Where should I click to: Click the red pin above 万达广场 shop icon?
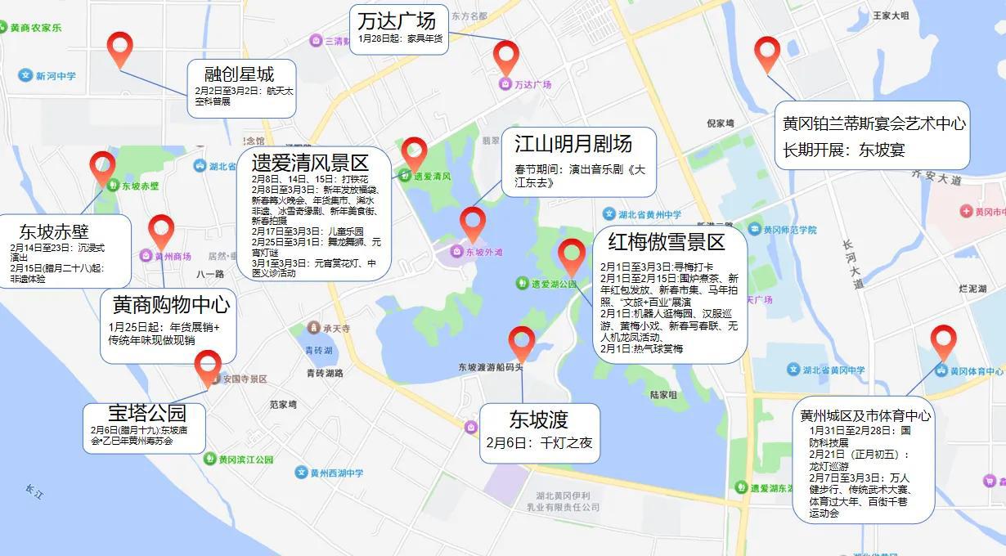click(x=506, y=56)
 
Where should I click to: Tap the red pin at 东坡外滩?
click(x=473, y=223)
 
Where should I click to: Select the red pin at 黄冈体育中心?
click(x=943, y=341)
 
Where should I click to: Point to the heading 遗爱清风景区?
click(x=310, y=162)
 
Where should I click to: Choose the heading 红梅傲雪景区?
click(x=666, y=242)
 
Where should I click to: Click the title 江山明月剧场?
click(x=573, y=144)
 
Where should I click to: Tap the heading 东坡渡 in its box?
click(x=538, y=419)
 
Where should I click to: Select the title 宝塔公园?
click(x=147, y=412)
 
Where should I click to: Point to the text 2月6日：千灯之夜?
click(x=539, y=443)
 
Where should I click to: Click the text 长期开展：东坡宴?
click(x=844, y=150)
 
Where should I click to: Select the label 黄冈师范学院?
click(x=789, y=230)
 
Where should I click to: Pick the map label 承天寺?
click(x=335, y=329)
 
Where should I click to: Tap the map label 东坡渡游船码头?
click(x=490, y=368)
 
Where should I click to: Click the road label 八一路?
click(x=210, y=275)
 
